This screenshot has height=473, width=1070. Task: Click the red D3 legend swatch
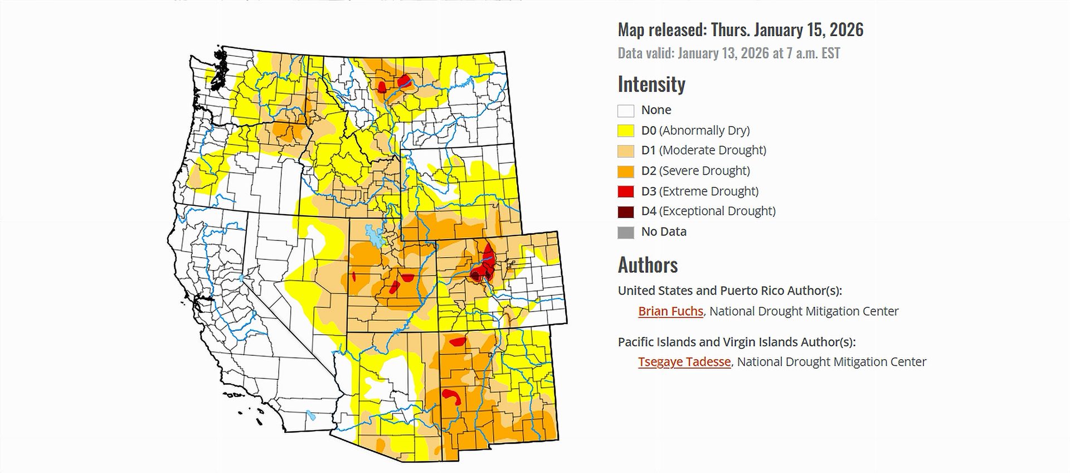click(626, 191)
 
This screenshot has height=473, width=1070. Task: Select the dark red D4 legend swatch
click(626, 211)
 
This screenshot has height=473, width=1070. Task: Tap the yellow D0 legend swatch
click(626, 131)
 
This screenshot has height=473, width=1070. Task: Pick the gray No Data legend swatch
click(626, 232)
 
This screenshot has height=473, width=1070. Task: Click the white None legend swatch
click(626, 110)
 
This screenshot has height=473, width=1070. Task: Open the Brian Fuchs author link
click(670, 311)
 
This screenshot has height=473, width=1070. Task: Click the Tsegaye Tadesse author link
click(684, 362)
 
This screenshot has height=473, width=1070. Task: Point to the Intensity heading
click(651, 84)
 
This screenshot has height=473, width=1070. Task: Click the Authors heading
click(648, 264)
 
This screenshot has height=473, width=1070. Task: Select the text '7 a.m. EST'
click(813, 54)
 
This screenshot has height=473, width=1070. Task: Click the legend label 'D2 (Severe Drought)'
click(695, 171)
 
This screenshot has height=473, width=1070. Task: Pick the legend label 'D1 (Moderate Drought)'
click(703, 150)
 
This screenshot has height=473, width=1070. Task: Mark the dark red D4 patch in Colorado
click(475, 274)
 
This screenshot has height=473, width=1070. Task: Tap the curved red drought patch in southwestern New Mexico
click(451, 395)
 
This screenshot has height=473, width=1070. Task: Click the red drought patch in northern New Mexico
click(458, 341)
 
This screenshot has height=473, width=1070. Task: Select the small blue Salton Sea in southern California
click(310, 416)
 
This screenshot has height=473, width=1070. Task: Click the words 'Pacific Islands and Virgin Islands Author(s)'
click(736, 342)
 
